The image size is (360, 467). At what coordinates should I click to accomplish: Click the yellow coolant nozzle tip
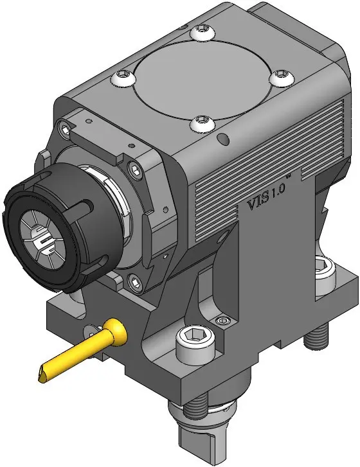tap(42, 377)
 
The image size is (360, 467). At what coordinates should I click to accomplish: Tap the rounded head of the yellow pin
tap(117, 331)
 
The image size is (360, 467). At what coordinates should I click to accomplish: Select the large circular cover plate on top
tap(203, 80)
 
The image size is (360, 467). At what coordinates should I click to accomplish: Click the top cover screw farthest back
tap(203, 31)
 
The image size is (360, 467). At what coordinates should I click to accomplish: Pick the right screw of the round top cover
tap(282, 78)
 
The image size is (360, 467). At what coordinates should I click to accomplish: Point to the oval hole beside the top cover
tap(224, 139)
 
